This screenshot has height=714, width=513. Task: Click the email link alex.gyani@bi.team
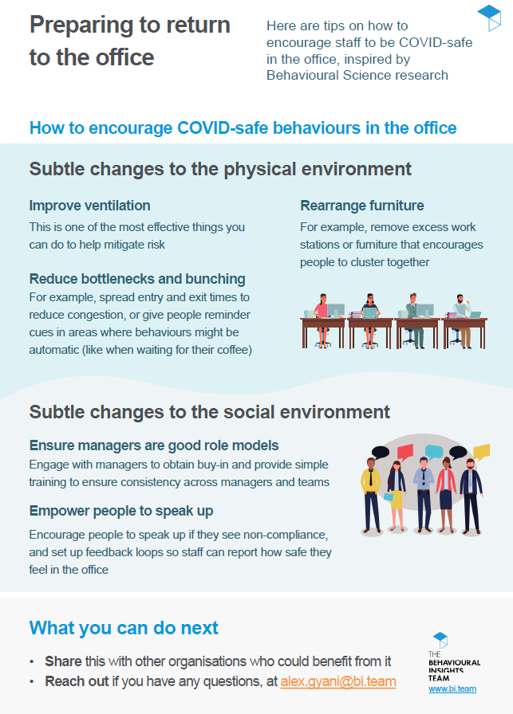[x=338, y=681]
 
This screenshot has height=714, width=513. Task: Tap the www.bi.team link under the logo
[x=452, y=689]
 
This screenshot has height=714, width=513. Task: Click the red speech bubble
[x=405, y=451]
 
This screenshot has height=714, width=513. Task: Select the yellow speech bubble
[x=482, y=452]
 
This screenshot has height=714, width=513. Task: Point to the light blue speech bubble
[x=434, y=452]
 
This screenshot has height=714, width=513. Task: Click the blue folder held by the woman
[x=389, y=496]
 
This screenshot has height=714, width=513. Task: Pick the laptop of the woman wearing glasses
[x=370, y=312]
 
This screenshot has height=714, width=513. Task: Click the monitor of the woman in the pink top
[x=336, y=310]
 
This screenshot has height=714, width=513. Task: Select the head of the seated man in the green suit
[x=413, y=297]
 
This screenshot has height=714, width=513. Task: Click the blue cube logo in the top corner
[x=489, y=18]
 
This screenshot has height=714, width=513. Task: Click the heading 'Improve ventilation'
[x=90, y=206]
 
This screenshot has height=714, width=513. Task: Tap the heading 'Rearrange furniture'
[x=362, y=206]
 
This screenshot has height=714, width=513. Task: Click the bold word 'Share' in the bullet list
[x=63, y=661]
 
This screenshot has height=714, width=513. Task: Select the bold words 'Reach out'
[x=77, y=681]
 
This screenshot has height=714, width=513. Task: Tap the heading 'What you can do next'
[x=124, y=627]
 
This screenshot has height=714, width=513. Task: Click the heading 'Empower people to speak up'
[x=121, y=511]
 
